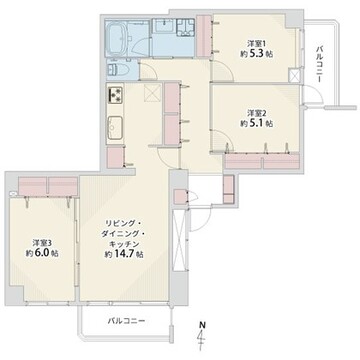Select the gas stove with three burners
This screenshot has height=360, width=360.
[115, 94]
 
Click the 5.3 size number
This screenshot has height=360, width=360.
[258, 54]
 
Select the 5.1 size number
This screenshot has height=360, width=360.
[258, 123]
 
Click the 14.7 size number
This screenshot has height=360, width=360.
[125, 254]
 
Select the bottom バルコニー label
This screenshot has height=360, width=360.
[126, 321]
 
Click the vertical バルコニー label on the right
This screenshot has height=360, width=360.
[319, 64]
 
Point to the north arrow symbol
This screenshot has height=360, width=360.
[202, 338]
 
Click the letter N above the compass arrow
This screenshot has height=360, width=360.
[202, 324]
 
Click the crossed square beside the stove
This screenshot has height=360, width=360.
[153, 92]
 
